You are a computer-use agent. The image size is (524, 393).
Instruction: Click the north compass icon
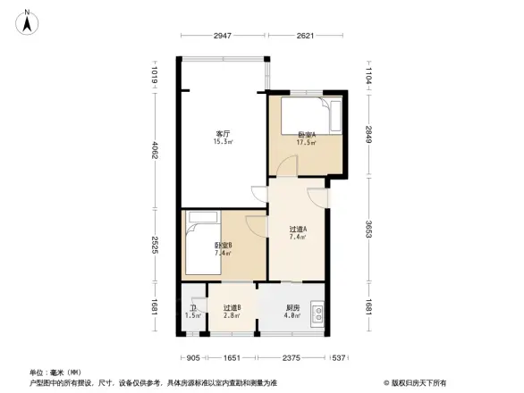[29, 20]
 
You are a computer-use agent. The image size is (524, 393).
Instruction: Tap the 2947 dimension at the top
[224, 37]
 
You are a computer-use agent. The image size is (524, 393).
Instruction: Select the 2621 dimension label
[305, 37]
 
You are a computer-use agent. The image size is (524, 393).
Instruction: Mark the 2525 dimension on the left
[154, 244]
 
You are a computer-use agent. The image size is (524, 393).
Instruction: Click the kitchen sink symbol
[317, 314]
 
